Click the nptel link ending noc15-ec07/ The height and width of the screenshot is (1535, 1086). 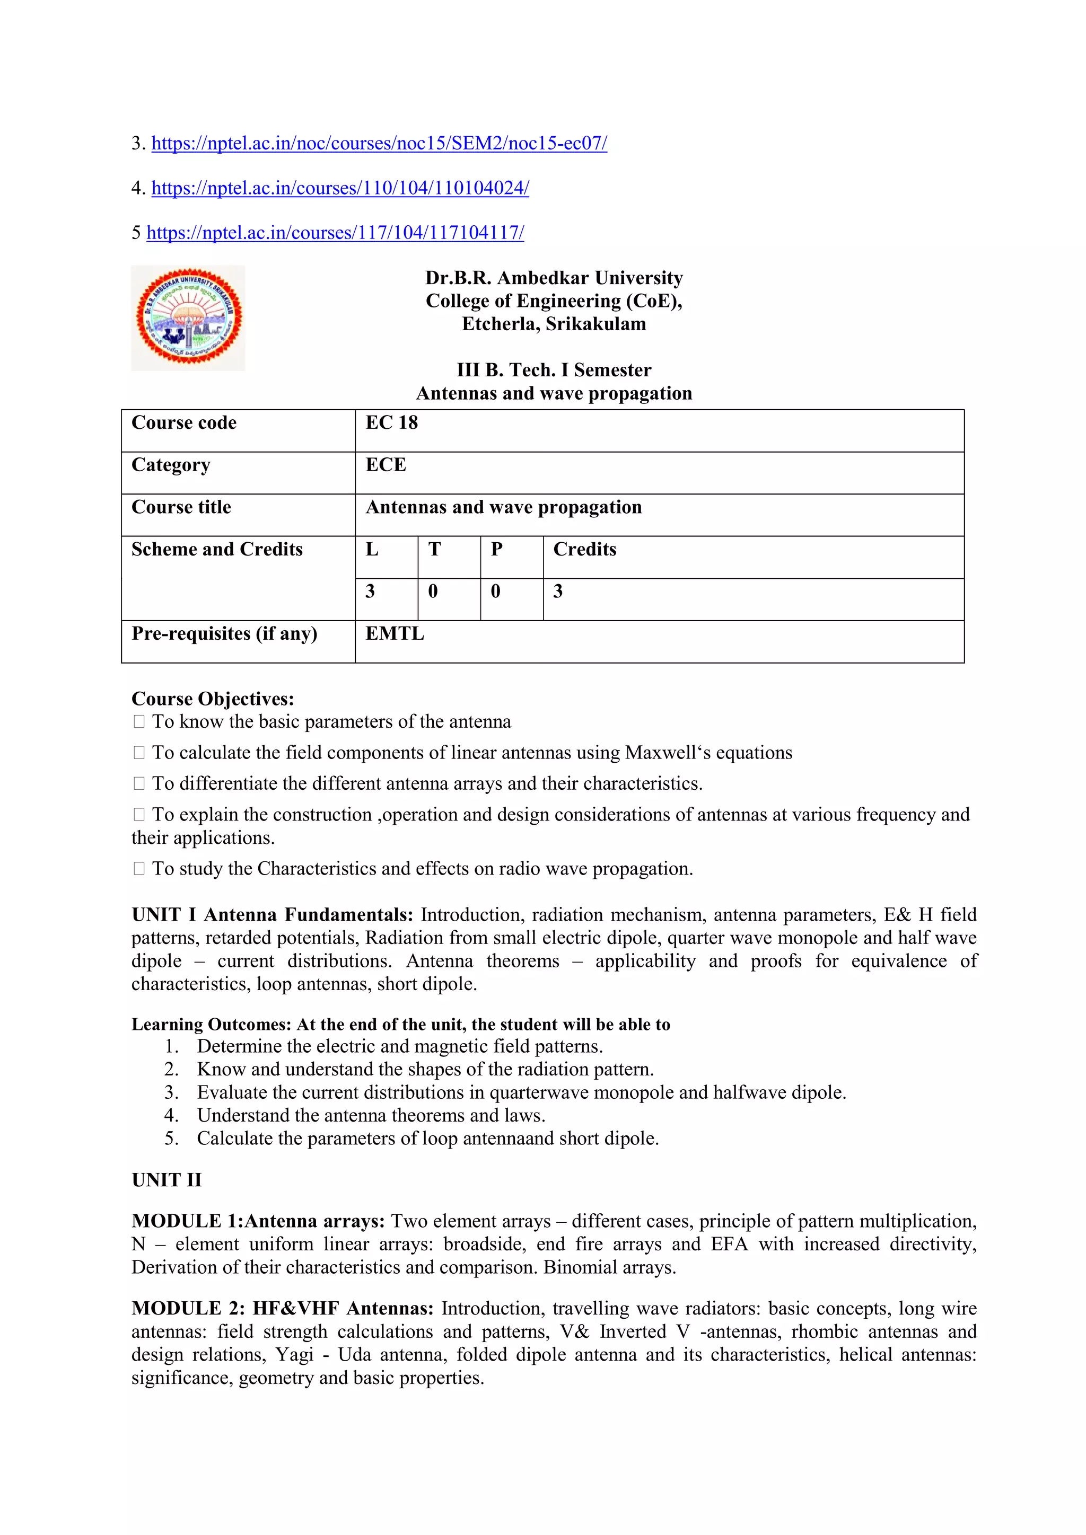coord(379,144)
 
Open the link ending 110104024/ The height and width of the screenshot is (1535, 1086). coord(340,189)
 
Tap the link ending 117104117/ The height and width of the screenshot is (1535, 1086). coord(335,233)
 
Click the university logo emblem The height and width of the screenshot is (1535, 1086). coord(188,317)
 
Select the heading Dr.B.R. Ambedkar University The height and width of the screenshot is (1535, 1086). coord(554,278)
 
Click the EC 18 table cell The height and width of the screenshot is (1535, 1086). coord(391,423)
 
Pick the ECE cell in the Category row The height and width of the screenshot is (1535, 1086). coord(386,465)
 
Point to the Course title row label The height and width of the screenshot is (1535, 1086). coord(181,507)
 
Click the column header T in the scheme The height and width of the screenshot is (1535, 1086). coord(435,550)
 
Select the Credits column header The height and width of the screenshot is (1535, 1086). coord(584,550)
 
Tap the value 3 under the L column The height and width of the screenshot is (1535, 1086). coord(370,592)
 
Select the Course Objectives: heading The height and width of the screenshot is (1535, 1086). coord(213,699)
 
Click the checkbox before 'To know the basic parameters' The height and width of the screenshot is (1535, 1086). coord(139,722)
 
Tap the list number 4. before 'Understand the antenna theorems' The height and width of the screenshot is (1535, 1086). coord(171,1116)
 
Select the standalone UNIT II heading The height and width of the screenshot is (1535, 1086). coord(167,1180)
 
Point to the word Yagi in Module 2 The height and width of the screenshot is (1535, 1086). coord(295,1354)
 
